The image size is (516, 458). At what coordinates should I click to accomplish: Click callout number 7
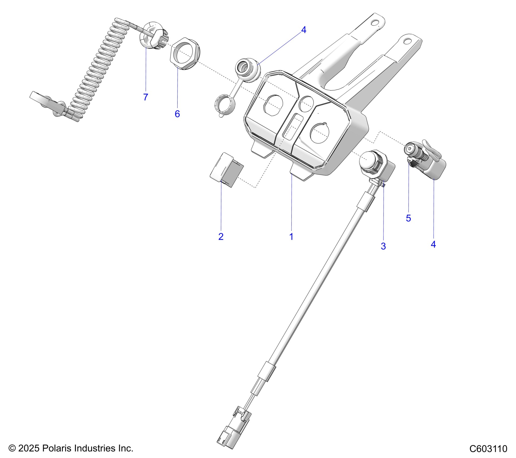point(146,97)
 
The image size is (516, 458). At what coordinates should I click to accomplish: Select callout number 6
point(177,114)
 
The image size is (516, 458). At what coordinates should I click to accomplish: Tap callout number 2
point(221,237)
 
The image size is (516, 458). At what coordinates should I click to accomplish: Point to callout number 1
point(291,237)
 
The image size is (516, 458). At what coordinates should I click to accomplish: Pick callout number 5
point(408,218)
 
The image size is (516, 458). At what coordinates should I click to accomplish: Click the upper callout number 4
point(304,30)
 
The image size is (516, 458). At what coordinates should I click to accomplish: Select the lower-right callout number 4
point(433,244)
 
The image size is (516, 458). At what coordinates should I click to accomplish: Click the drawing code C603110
point(488,449)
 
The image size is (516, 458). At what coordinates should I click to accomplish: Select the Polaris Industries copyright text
point(71,448)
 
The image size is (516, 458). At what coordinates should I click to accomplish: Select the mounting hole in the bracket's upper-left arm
point(374,22)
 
